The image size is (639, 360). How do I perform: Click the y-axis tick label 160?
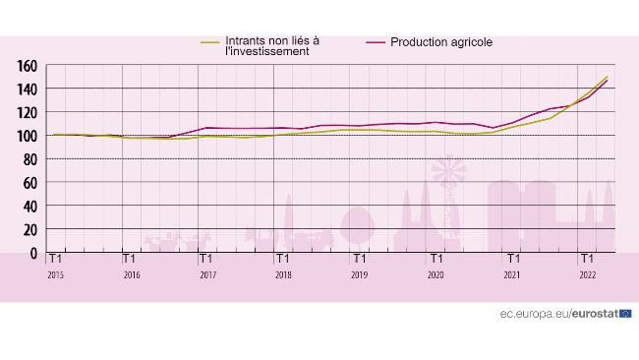pos(28,66)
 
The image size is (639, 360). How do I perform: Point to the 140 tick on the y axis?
pos(28,90)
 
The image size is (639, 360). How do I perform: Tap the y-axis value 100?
pos(28,136)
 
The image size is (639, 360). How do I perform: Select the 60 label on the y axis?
pos(31,183)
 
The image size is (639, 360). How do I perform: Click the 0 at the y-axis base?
pos(34,253)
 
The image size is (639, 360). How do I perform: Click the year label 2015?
pos(56,275)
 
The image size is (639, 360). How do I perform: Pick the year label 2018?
pos(283,275)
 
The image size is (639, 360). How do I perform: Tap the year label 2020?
pos(436,275)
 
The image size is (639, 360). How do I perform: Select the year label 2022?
pos(587,275)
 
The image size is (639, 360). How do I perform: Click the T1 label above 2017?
pos(206,260)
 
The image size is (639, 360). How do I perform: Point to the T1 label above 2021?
pos(511,260)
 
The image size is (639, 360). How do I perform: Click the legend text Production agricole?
pos(441,42)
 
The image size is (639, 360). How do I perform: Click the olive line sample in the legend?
pos(209,42)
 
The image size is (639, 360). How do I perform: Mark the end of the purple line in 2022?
pos(607,81)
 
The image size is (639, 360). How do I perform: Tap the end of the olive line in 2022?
pos(607,77)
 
